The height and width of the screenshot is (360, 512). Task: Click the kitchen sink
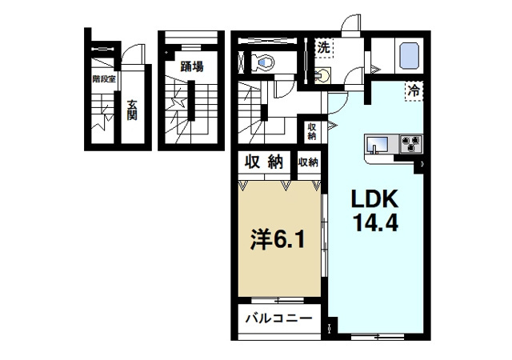pos(377,145)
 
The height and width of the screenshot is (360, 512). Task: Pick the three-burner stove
pos(411,145)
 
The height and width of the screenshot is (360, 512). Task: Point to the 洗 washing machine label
pos(322,47)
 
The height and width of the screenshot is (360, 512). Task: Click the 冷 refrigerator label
pos(414,90)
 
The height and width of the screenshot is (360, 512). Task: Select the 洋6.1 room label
pos(275,239)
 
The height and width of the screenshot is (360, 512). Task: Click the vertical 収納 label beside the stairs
pos(311,130)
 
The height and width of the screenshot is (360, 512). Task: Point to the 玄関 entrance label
pos(131,109)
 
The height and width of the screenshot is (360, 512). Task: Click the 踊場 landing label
pos(190,66)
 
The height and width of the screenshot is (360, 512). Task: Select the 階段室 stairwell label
pos(104,79)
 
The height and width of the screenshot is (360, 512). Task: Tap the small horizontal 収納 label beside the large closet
pos(309,162)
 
